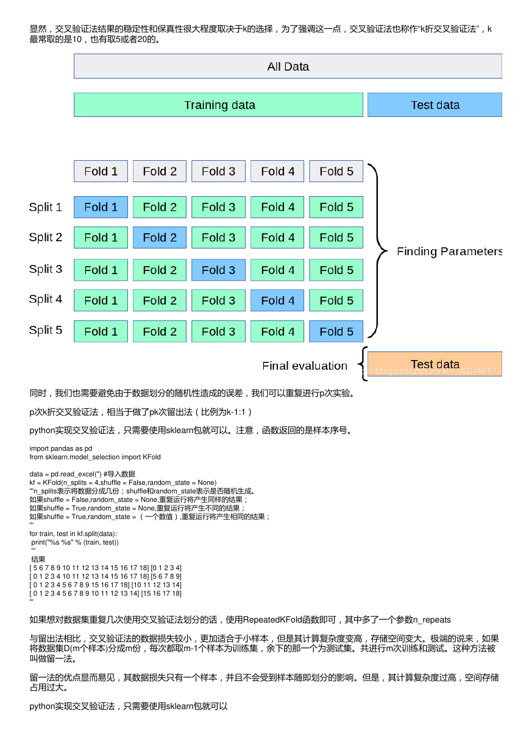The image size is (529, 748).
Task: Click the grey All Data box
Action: pos(288,66)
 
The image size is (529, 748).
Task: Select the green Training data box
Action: pos(218,105)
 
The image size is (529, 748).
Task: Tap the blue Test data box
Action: pos(435,105)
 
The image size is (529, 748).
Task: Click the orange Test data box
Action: pos(435,364)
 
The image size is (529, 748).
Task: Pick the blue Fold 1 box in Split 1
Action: pos(101,207)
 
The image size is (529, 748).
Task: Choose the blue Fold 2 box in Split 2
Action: pos(160,238)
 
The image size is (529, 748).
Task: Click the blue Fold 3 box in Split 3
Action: pos(218,270)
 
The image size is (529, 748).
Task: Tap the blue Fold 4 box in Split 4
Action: pos(277,300)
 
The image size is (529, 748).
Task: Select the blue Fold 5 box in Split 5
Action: pos(336,331)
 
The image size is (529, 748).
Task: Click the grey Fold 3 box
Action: pos(218,171)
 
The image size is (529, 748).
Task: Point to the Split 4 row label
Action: pos(46,299)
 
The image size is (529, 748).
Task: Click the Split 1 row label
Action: pos(46,207)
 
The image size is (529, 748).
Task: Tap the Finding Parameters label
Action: pos(449,252)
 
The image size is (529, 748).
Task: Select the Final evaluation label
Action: pos(305,366)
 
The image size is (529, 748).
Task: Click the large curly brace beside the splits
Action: pos(378,250)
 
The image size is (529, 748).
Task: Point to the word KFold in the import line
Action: pos(152,457)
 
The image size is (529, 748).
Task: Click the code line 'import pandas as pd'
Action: pos(61,448)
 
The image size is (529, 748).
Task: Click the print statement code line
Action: pos(75,542)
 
